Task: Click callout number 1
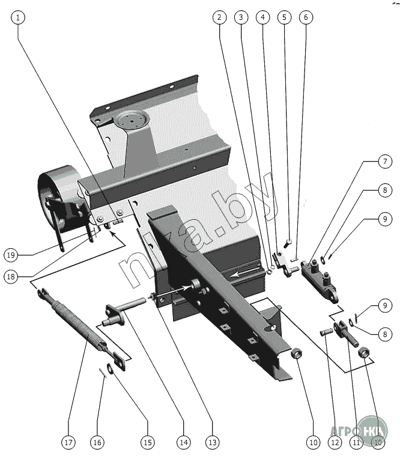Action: (19, 17)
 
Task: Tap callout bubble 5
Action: (285, 17)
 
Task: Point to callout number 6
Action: (305, 17)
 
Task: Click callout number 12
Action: (335, 443)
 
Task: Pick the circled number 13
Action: (211, 443)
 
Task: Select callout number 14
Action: (183, 443)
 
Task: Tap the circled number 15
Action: (147, 443)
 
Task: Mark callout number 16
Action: (97, 443)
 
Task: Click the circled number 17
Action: (68, 443)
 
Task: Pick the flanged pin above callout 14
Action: (123, 313)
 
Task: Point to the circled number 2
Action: (220, 17)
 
